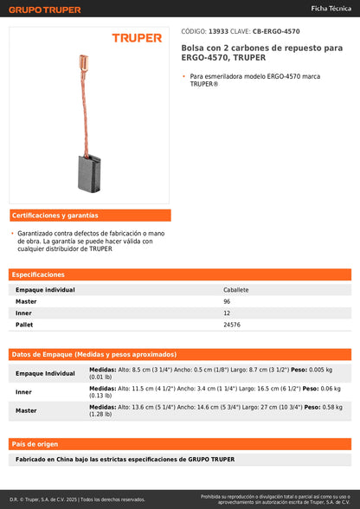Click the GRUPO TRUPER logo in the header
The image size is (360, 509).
point(45,10)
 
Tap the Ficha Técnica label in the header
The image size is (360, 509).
point(331,9)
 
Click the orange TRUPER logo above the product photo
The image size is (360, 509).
point(137,38)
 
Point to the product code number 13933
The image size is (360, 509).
point(219,31)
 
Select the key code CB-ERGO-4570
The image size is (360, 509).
point(276,31)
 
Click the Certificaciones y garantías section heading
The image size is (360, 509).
point(55,216)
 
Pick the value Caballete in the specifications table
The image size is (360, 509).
point(236,290)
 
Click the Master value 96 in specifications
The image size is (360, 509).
point(228,301)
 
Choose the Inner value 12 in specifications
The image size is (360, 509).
point(228,312)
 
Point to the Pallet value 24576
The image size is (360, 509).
point(232,325)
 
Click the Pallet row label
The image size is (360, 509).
point(24,325)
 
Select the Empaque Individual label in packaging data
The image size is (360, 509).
point(46,373)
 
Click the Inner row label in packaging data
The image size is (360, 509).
point(24,392)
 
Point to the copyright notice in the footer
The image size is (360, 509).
point(78,499)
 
